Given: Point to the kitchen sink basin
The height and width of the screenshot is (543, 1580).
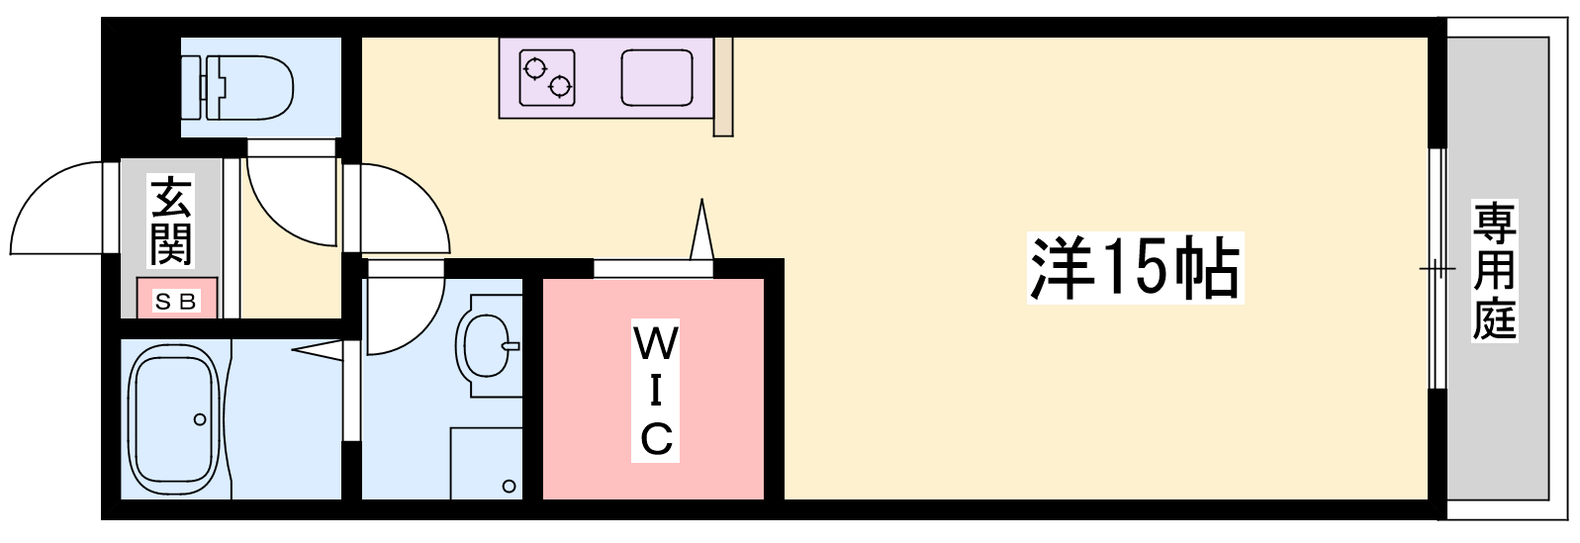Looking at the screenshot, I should (658, 77).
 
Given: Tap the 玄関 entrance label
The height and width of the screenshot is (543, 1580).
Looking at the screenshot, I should (170, 222).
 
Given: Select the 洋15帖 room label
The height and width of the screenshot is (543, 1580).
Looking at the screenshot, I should (1134, 268).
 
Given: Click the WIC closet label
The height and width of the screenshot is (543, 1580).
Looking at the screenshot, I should (654, 393).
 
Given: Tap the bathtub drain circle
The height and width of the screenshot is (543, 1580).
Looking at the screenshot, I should (200, 419).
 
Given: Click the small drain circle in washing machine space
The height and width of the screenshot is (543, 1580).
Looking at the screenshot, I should (509, 486).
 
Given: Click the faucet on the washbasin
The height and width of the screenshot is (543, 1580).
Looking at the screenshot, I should (510, 346).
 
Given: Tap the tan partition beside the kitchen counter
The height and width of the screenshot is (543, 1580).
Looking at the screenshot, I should (723, 86).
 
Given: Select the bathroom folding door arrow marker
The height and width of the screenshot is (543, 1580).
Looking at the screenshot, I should (318, 348).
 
